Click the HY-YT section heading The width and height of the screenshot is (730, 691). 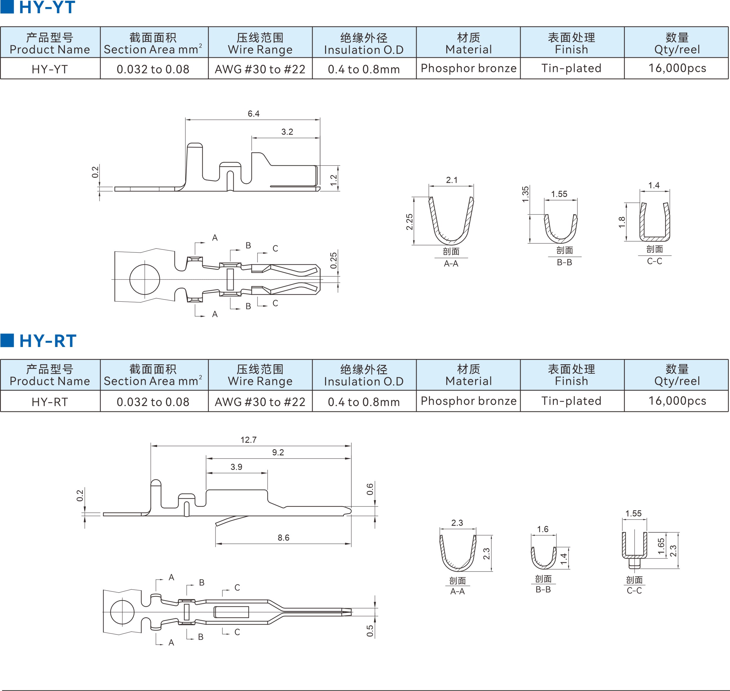point(47,7)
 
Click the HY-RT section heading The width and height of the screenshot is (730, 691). point(48,341)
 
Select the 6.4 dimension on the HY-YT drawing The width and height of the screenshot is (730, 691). point(253,113)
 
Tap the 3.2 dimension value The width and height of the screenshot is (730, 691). point(287,132)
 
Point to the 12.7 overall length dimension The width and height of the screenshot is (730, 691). point(248,440)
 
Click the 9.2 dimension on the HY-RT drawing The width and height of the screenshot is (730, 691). point(278,452)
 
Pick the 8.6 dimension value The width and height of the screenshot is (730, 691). point(283,537)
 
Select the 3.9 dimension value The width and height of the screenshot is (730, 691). point(236,467)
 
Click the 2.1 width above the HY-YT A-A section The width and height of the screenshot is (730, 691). point(452,180)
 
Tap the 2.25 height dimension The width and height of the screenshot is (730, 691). point(409,222)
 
